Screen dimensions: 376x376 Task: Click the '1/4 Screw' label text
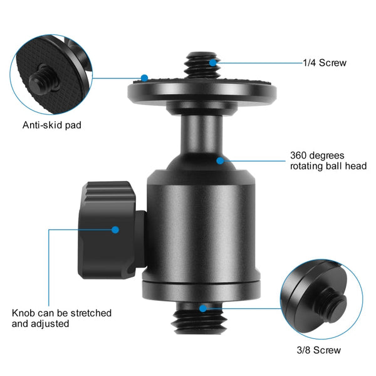click(x=325, y=63)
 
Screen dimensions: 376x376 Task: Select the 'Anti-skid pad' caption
click(x=52, y=125)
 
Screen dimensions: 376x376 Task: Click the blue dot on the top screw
click(x=214, y=62)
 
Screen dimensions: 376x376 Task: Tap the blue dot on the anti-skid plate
click(x=144, y=78)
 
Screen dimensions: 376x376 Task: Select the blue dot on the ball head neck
click(x=220, y=160)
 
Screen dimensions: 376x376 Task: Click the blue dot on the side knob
click(x=115, y=230)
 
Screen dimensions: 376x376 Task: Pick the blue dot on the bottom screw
click(x=202, y=308)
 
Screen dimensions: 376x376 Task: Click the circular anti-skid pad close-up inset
click(x=52, y=67)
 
